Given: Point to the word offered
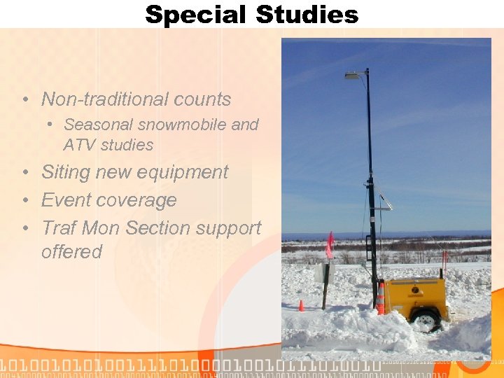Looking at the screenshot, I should coord(71,252).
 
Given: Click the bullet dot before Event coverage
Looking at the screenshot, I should coord(25,200).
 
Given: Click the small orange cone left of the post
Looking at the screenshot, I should coord(302,305).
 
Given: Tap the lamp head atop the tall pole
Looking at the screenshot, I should coord(353,75).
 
